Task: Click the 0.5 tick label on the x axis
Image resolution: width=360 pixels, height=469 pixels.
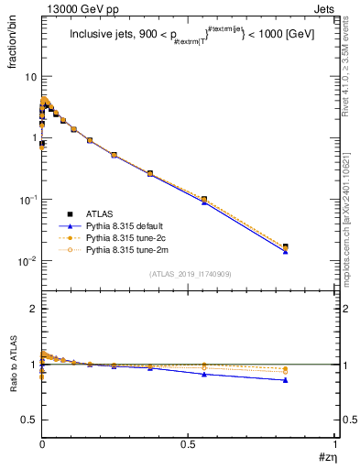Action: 188,444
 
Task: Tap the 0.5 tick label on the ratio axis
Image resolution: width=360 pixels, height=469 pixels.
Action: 30,420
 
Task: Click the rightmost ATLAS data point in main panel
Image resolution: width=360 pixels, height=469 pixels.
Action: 311,246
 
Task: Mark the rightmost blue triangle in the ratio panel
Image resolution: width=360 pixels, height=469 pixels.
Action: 311,379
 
